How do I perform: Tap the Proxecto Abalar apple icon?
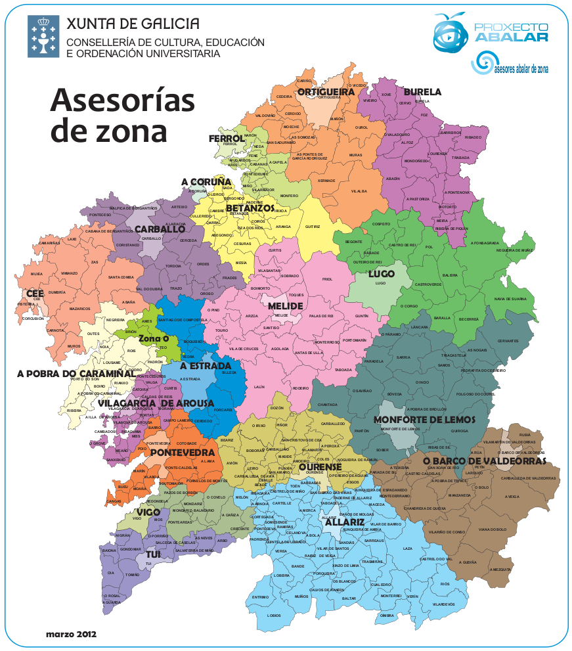pyautogui.click(x=450, y=32)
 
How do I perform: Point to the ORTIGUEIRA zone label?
pyautogui.click(x=326, y=92)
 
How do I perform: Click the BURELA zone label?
pyautogui.click(x=422, y=92)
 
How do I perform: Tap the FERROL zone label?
pyautogui.click(x=227, y=139)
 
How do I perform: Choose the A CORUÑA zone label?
pyautogui.click(x=207, y=181)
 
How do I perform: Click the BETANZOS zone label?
pyautogui.click(x=250, y=208)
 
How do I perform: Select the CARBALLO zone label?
pyautogui.click(x=160, y=229)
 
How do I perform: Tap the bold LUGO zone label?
pyautogui.click(x=381, y=273)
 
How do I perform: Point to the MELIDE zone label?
pyautogui.click(x=285, y=306)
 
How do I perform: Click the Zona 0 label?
pyautogui.click(x=154, y=338)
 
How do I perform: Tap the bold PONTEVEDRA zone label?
pyautogui.click(x=182, y=453)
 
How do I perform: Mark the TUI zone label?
pyautogui.click(x=153, y=554)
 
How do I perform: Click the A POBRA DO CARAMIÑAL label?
pyautogui.click(x=76, y=373)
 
